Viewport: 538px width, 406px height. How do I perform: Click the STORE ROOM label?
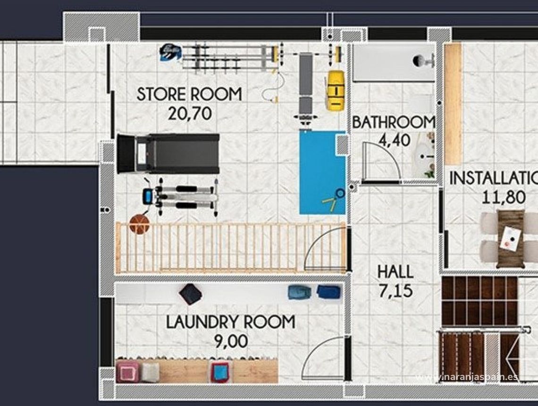(189, 94)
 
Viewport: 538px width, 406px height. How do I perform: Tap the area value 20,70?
(189, 113)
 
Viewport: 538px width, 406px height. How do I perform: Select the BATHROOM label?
(394, 122)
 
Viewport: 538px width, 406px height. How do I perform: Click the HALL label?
(395, 272)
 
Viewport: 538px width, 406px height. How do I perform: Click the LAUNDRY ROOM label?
(231, 322)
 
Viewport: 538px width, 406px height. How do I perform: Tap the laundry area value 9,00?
(231, 341)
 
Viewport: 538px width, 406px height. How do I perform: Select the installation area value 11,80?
(504, 197)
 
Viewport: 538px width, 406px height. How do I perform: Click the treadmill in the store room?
(168, 153)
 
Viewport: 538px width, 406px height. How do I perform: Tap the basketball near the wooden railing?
(139, 224)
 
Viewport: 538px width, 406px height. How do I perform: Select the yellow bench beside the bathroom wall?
(336, 90)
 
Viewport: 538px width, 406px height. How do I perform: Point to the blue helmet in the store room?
(170, 52)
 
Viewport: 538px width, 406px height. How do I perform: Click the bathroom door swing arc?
(382, 161)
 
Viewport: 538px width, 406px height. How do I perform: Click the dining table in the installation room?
(510, 238)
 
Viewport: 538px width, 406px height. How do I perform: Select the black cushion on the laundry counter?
(190, 294)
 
